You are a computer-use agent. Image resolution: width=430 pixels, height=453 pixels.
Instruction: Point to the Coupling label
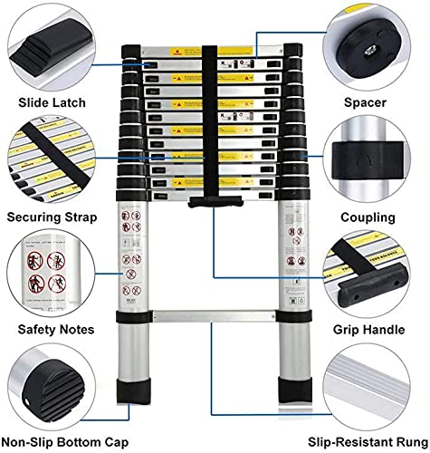pyautogui.click(x=368, y=217)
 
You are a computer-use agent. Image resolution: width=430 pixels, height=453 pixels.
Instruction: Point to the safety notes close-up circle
pyautogui.click(x=52, y=275)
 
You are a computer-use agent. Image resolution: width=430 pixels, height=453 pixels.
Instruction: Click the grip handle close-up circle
pyautogui.click(x=375, y=275)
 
